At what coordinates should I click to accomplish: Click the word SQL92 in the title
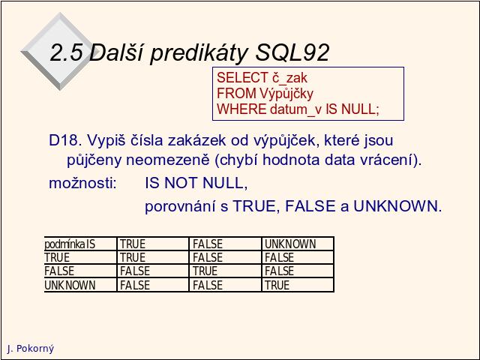coord(292,52)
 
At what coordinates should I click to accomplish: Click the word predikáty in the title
coord(198,53)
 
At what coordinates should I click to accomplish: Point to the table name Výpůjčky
coord(286,94)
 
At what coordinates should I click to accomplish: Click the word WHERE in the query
coord(241,109)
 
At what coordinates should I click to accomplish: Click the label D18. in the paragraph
coord(65,140)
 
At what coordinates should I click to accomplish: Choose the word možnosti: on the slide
coord(83,183)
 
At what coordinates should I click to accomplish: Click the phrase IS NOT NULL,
coord(196,183)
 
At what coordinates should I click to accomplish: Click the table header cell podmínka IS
coord(70,244)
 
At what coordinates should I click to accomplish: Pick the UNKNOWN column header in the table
coord(290,244)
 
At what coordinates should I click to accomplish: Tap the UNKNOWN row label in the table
coord(70,285)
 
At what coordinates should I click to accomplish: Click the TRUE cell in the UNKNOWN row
coord(277,285)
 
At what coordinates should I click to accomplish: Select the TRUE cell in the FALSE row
coord(205,271)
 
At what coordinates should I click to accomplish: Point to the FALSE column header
coord(208,244)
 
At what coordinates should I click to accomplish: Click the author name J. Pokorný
coord(30,348)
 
